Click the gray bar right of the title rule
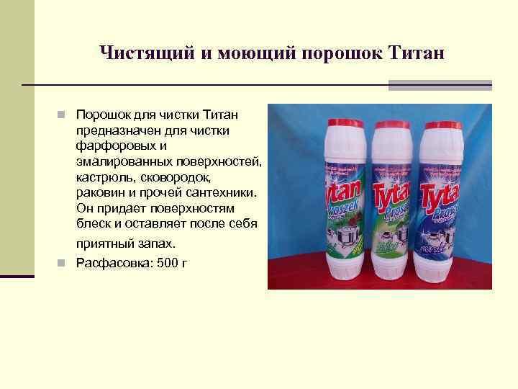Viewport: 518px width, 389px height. tap(440, 85)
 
